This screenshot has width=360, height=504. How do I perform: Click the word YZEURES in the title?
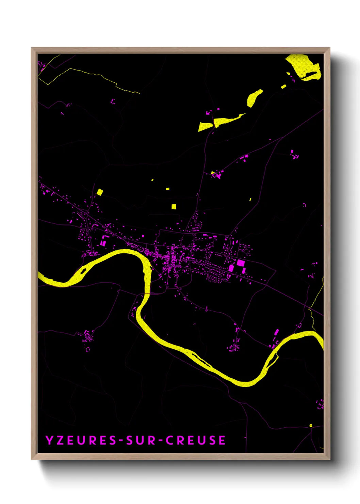click(81, 440)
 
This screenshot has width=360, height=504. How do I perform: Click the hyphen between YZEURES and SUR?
click(120, 440)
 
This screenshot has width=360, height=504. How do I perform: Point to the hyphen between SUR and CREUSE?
click(160, 440)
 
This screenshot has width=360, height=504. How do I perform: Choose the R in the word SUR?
click(151, 440)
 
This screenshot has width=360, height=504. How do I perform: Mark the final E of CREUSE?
click(222, 440)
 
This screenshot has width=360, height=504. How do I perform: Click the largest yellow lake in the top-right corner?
click(303, 66)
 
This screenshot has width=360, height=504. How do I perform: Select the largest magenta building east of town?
click(241, 263)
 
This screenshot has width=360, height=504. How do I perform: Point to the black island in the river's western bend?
click(83, 271)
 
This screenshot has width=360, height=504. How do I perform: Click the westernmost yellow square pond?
click(99, 192)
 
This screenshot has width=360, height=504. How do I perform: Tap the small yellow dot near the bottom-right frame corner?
click(311, 425)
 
